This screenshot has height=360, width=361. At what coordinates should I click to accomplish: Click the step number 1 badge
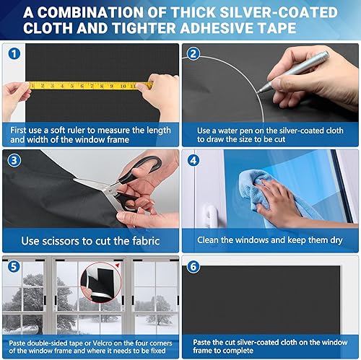click(14, 53)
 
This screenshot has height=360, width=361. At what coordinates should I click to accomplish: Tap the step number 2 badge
click(193, 54)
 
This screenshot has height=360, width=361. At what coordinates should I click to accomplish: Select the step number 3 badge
click(14, 160)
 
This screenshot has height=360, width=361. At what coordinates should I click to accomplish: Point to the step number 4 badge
click(193, 160)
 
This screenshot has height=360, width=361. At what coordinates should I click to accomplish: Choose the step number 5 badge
click(14, 267)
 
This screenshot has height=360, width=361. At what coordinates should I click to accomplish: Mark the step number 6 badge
click(193, 267)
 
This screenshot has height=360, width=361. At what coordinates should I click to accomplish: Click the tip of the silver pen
click(257, 92)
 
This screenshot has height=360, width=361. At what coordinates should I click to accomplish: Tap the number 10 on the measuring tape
click(123, 86)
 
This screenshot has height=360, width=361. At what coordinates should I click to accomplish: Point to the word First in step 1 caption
click(18, 130)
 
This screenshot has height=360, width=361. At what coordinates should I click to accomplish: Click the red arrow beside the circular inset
click(117, 265)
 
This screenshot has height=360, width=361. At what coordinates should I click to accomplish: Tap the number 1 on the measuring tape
click(32, 85)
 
